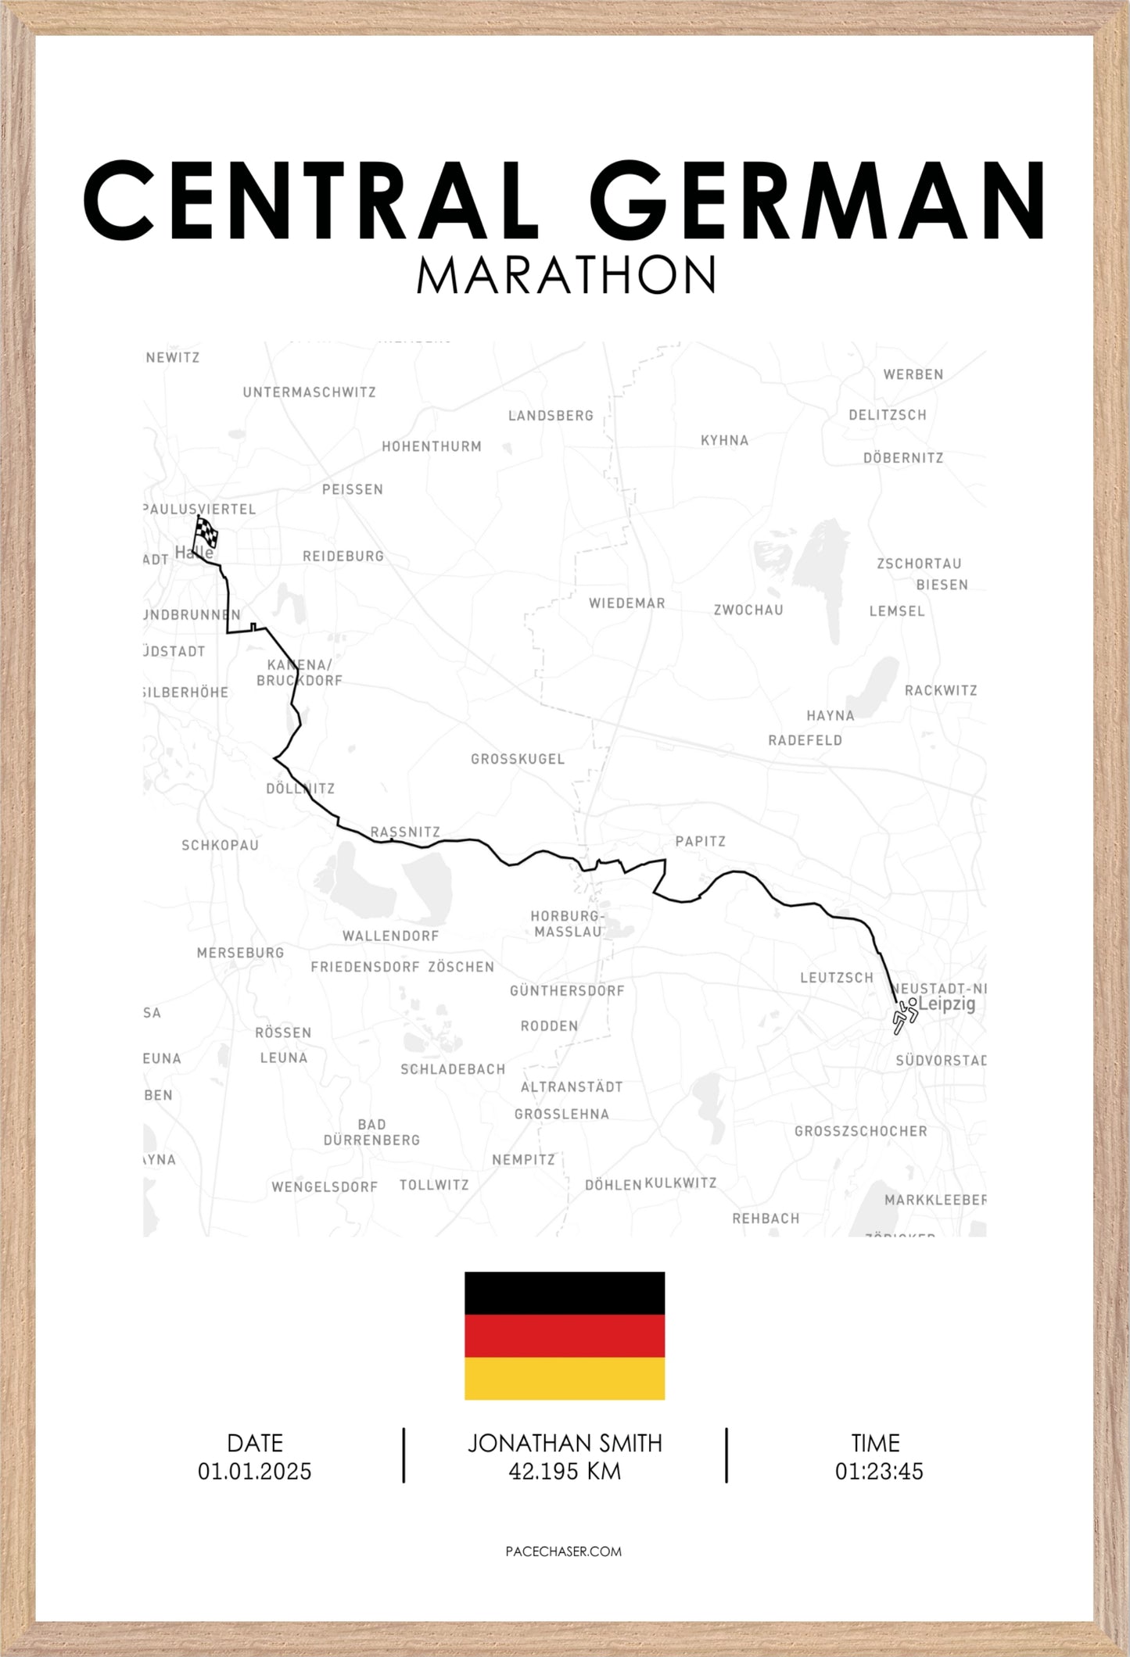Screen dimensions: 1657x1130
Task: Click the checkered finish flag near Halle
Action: tap(206, 534)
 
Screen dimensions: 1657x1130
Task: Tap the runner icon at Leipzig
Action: tap(904, 1015)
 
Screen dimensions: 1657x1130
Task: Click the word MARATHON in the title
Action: tap(565, 275)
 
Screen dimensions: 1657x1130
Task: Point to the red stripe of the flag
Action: tap(565, 1336)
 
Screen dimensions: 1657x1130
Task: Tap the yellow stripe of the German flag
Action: tap(565, 1378)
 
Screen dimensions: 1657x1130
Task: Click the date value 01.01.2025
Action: tap(254, 1471)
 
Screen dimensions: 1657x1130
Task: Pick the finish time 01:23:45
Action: tap(878, 1471)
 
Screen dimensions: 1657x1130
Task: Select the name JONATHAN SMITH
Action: tap(565, 1443)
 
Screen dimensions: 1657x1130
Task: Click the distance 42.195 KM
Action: tap(565, 1471)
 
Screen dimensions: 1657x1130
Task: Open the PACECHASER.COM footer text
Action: tap(564, 1551)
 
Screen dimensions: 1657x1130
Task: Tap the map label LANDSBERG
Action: tap(551, 416)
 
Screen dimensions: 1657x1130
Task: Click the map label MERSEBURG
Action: tap(240, 953)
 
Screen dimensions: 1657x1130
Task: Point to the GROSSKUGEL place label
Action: tap(517, 759)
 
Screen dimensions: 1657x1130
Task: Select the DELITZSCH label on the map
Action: tap(887, 415)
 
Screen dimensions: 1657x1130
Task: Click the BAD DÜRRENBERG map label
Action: tap(371, 1132)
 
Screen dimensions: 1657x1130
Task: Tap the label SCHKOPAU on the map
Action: tap(220, 845)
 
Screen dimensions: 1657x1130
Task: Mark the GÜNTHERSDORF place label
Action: tap(567, 991)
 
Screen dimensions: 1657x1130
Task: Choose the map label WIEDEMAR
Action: tap(626, 603)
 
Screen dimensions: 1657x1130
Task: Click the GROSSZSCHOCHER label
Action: tap(860, 1131)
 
